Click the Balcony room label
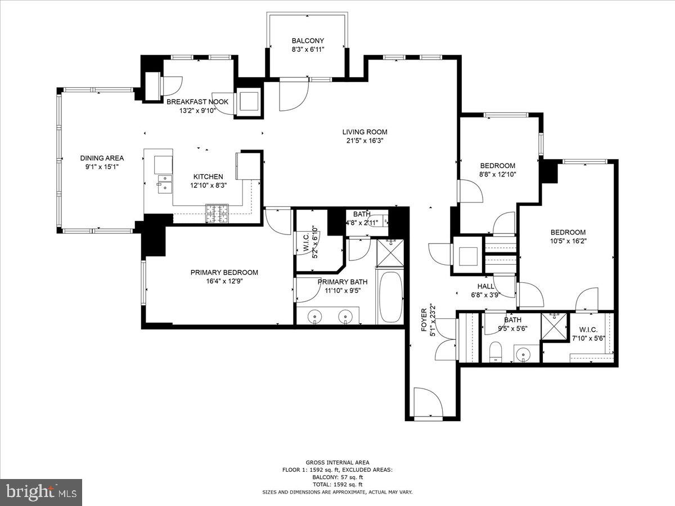pos(308,40)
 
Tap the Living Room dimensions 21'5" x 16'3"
pos(364,141)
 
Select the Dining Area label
pos(102,158)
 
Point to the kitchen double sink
pos(164,183)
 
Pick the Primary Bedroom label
pos(224,272)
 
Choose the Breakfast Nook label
pos(197,102)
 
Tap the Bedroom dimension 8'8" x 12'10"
pos(497,174)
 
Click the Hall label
pos(486,286)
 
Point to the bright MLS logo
pos(40,492)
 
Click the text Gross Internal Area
pos(337,462)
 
